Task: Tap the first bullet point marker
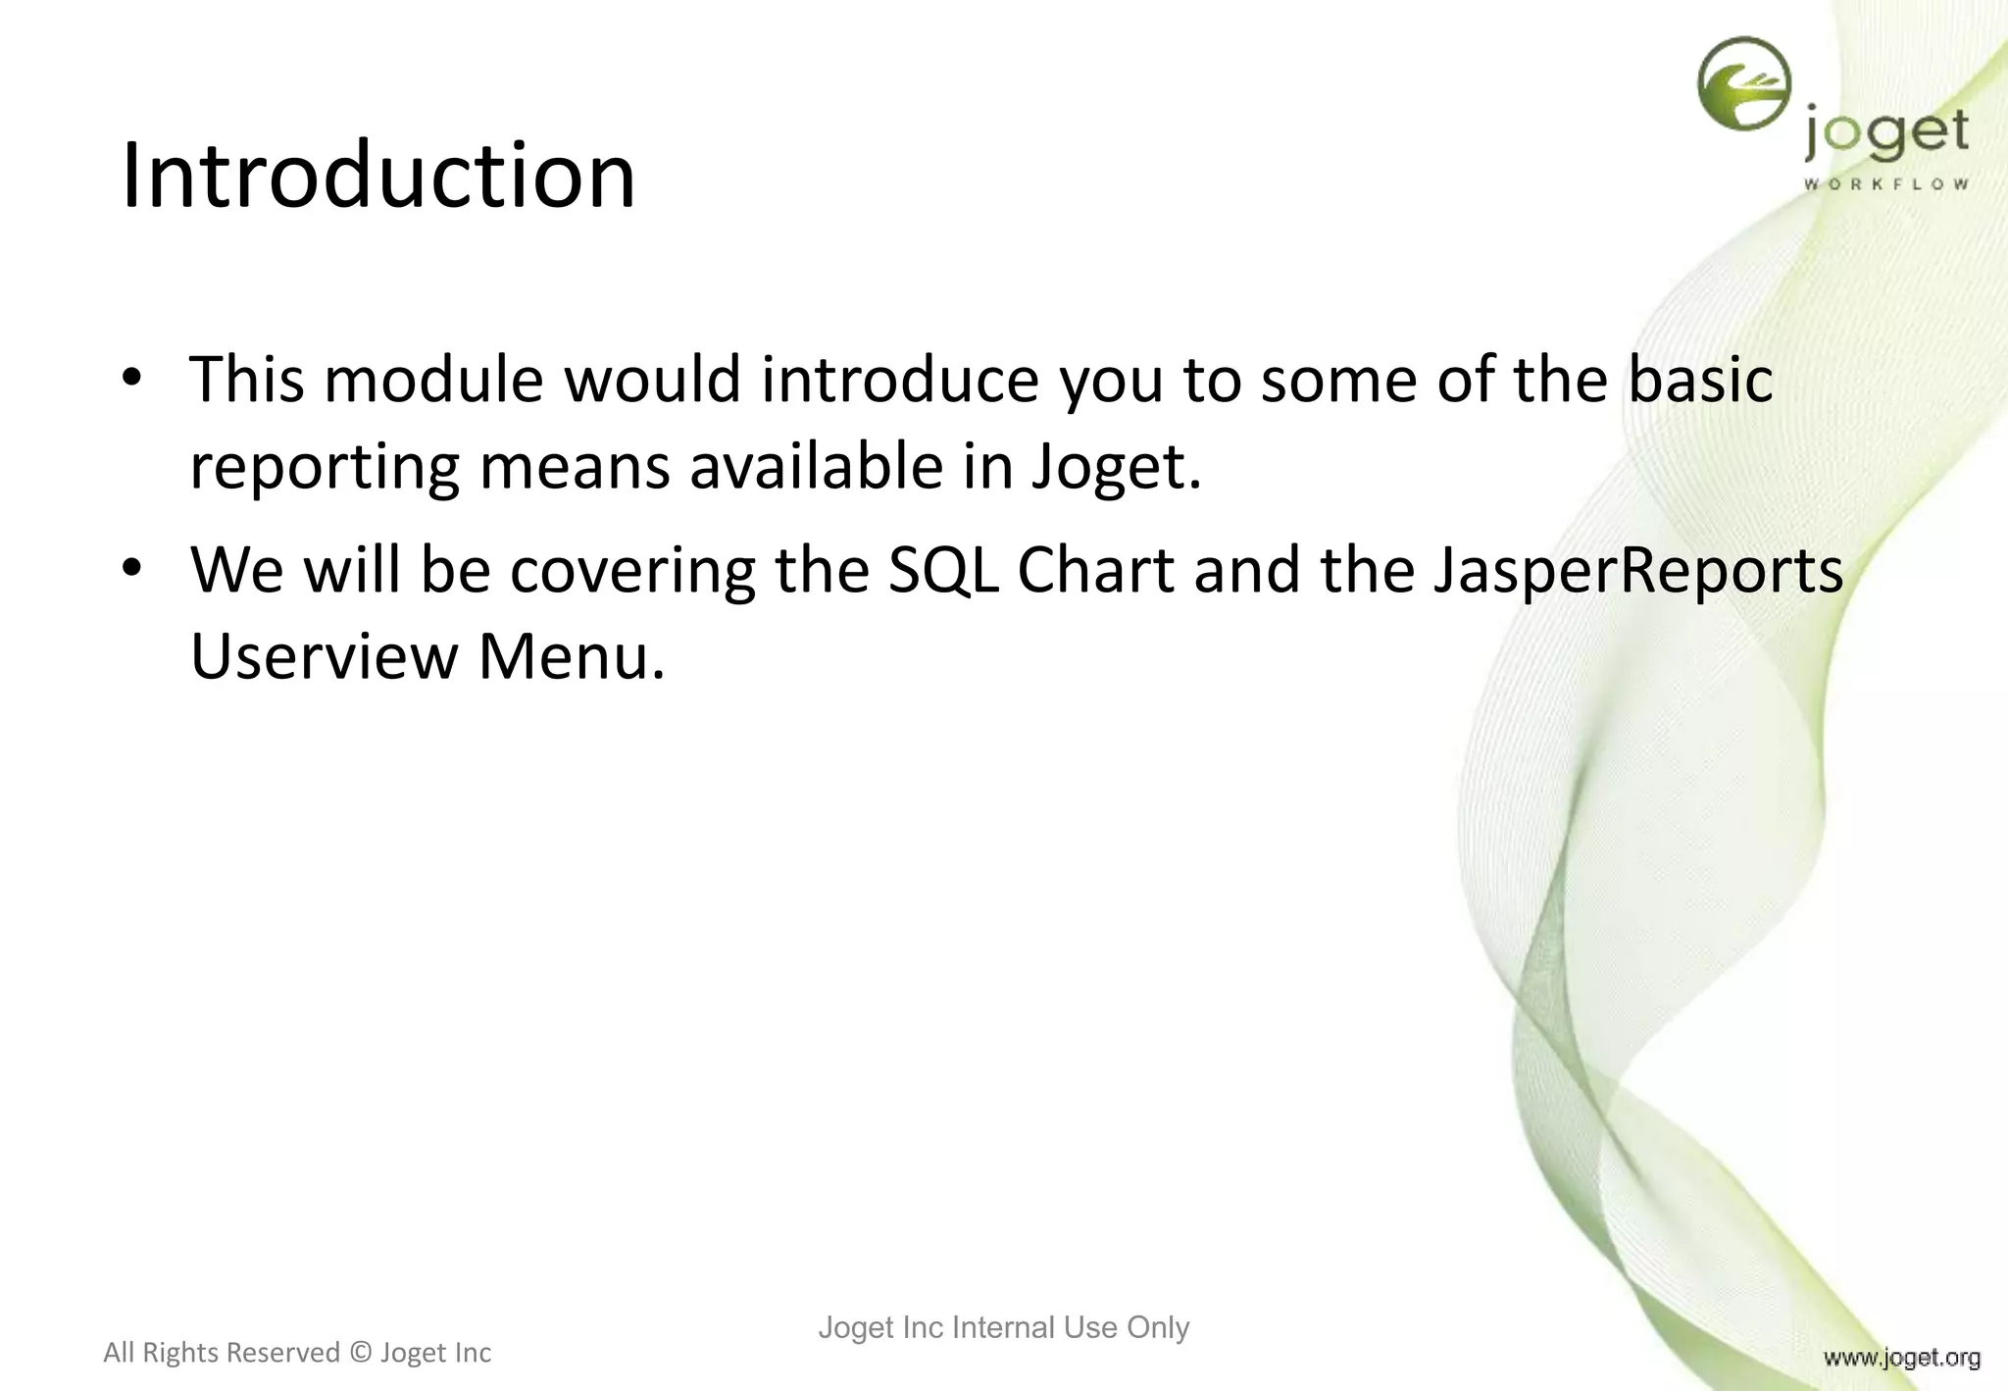[x=132, y=379]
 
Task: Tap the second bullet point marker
[x=132, y=569]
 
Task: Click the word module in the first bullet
[x=433, y=380]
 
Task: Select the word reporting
[x=324, y=469]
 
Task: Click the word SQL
[x=942, y=570]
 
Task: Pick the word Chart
[x=1095, y=570]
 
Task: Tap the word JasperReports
[x=1637, y=572]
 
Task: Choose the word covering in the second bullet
[x=633, y=572]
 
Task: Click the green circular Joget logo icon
[x=1743, y=84]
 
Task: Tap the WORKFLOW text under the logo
[x=1885, y=184]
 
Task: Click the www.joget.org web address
[x=1901, y=1358]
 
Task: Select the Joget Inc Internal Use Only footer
[x=1003, y=1327]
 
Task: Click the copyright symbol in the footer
[x=360, y=1353]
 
